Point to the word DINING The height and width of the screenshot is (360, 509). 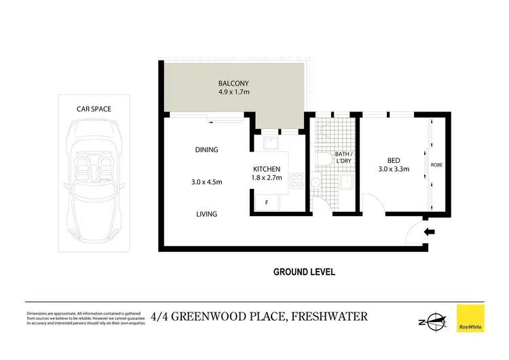[206, 150]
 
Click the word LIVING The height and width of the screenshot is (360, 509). [206, 214]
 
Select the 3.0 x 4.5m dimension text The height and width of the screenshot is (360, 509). [206, 181]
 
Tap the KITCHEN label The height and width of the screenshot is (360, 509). [267, 168]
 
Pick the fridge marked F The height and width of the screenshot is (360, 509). [266, 202]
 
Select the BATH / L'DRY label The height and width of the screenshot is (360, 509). [343, 157]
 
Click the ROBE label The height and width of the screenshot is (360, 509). [438, 164]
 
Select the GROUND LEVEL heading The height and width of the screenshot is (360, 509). [304, 272]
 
